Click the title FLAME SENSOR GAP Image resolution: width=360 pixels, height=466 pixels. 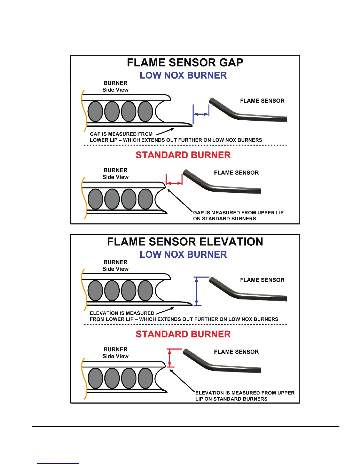[x=185, y=63]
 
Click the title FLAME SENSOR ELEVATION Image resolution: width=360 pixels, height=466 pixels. [x=185, y=242]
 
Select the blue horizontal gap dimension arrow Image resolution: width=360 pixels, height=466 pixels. [x=201, y=114]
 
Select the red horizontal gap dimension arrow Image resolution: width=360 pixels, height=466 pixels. [x=174, y=183]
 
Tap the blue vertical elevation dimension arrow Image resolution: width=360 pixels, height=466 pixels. [x=197, y=291]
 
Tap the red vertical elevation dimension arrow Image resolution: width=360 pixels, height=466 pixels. [x=169, y=358]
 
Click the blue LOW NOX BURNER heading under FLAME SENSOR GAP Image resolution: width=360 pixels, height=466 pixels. [x=183, y=76]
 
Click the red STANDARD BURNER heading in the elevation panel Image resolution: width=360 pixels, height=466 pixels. [x=183, y=334]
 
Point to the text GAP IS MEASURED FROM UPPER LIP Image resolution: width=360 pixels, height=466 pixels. [x=238, y=212]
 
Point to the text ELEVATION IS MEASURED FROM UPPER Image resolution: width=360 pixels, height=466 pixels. [x=245, y=393]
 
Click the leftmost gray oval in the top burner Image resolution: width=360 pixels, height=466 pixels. [x=95, y=111]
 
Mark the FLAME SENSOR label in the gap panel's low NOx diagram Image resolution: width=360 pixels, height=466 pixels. [x=262, y=101]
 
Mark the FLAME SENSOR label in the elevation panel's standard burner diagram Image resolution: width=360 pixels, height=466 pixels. [x=236, y=352]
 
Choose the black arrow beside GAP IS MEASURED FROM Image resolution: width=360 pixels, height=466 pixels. [x=165, y=132]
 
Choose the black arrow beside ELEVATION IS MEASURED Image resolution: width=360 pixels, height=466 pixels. [x=165, y=311]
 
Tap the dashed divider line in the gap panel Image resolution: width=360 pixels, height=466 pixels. [x=185, y=145]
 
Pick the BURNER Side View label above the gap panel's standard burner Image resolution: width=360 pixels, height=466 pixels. [x=115, y=174]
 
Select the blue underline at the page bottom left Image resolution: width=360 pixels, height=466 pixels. [x=58, y=463]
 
